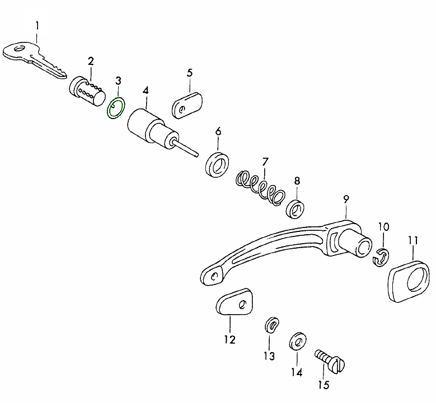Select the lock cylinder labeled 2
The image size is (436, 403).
pyautogui.click(x=87, y=91)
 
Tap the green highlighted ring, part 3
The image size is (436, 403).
pyautogui.click(x=116, y=108)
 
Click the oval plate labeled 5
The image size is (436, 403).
pyautogui.click(x=187, y=106)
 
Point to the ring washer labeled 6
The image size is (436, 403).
pyautogui.click(x=217, y=164)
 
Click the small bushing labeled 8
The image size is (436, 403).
pyautogui.click(x=296, y=208)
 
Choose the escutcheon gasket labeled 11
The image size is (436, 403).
pyautogui.click(x=409, y=281)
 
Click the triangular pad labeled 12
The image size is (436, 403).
pyautogui.click(x=235, y=302)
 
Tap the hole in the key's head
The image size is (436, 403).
pyautogui.click(x=19, y=49)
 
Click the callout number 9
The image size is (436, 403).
pyautogui.click(x=346, y=199)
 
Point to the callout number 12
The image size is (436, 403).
pyautogui.click(x=229, y=340)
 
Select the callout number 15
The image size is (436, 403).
pyautogui.click(x=324, y=385)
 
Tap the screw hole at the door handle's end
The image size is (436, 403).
pyautogui.click(x=214, y=276)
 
